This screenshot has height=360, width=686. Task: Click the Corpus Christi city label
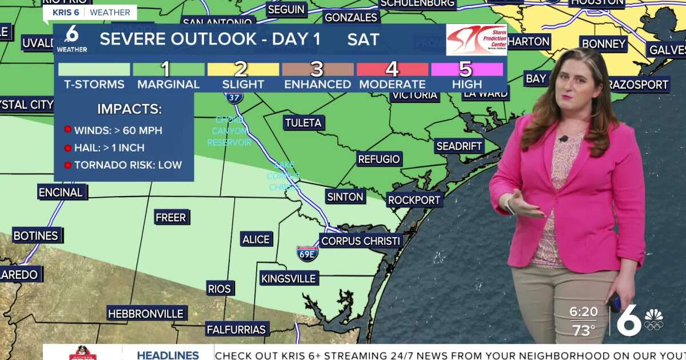[x=360, y=241]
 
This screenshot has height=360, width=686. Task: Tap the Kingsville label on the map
[x=288, y=278]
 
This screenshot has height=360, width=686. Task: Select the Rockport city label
[x=414, y=200]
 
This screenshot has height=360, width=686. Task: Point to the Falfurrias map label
[x=236, y=329]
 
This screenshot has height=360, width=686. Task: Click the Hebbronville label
[x=146, y=314]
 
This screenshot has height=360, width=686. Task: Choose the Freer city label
[x=170, y=218]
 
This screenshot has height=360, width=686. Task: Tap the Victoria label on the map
[x=414, y=95]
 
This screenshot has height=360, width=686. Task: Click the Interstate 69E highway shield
[x=308, y=253]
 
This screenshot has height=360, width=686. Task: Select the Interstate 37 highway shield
[x=233, y=96]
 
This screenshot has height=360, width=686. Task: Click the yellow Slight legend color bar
[x=243, y=70]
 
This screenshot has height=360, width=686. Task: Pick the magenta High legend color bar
[x=466, y=70]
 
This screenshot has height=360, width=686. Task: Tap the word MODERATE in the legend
[x=392, y=85]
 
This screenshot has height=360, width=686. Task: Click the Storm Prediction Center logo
[x=476, y=39]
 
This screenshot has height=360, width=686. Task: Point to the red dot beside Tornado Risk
[x=67, y=165]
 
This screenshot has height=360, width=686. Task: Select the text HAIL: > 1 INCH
[x=109, y=148]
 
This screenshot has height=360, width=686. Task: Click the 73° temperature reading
[x=583, y=330]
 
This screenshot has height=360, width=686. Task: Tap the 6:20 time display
[x=583, y=312]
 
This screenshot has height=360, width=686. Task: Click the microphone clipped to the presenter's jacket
[x=563, y=139]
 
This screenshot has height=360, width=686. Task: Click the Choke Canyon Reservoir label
[x=229, y=131]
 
